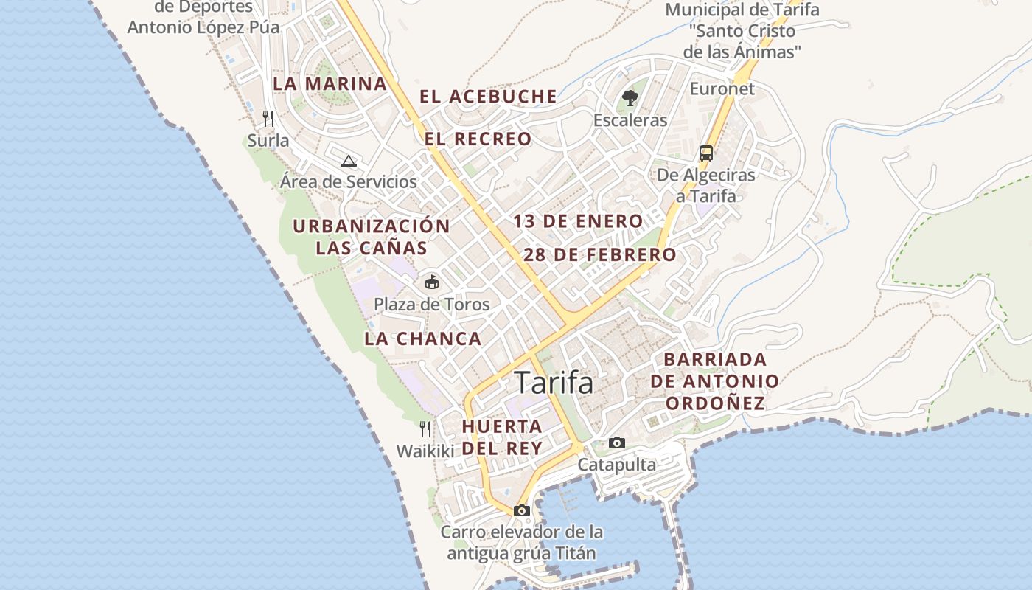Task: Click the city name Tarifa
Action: click(554, 383)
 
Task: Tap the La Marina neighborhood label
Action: click(330, 83)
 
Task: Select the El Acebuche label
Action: click(488, 96)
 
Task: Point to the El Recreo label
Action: click(478, 139)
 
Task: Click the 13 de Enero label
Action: click(578, 221)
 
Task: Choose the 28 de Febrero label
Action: click(599, 255)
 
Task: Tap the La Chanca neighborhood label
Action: click(422, 339)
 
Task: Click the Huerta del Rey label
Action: click(502, 437)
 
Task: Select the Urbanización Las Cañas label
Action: click(372, 237)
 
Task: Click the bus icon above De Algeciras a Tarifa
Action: click(706, 153)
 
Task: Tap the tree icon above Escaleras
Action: click(630, 97)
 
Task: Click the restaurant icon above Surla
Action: click(268, 118)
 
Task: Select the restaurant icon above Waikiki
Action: click(425, 429)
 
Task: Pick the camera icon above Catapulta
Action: click(617, 442)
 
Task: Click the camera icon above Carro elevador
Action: click(522, 510)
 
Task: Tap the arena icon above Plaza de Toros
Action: click(432, 282)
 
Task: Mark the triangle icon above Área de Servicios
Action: click(349, 161)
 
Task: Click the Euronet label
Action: click(722, 88)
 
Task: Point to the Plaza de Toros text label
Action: click(431, 304)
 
